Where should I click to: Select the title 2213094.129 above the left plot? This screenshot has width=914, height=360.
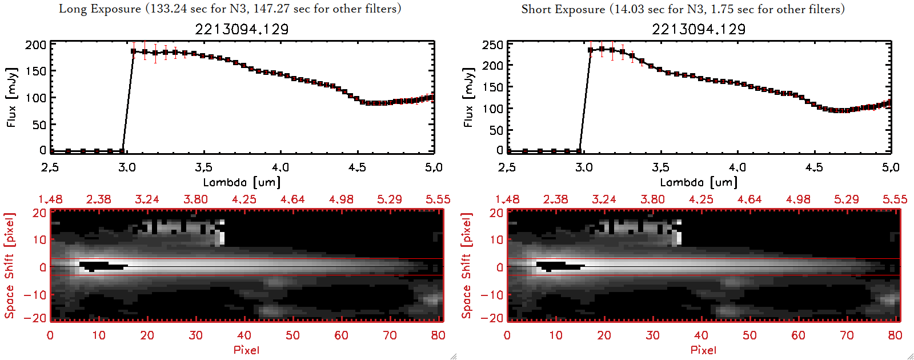point(242,29)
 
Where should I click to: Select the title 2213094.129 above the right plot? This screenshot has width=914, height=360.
point(699,29)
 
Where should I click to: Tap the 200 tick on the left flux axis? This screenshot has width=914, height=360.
point(35,45)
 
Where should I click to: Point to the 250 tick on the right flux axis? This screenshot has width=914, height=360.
point(492,45)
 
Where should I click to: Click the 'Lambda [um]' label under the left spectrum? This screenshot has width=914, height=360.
point(242,182)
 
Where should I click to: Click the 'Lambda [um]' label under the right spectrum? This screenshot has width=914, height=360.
point(699,182)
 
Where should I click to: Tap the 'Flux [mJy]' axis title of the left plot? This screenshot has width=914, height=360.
point(11,97)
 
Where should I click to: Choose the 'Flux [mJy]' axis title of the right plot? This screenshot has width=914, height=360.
point(468,97)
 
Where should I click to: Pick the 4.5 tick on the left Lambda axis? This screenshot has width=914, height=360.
point(357,167)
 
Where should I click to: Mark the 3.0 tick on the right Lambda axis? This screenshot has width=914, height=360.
point(584,167)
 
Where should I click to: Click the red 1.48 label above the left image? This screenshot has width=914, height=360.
point(50,199)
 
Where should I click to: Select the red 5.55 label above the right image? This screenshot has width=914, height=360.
point(895,199)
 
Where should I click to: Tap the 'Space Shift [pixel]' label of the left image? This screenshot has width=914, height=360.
point(9,266)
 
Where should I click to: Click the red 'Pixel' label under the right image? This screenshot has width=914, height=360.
point(703,350)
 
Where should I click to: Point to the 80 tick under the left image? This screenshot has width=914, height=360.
point(438,335)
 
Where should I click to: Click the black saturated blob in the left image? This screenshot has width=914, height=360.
point(100,266)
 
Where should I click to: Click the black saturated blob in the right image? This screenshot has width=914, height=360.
point(557,266)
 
